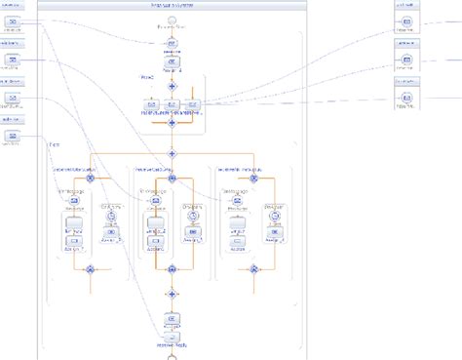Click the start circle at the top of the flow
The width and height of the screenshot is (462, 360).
click(172, 20)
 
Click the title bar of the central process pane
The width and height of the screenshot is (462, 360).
click(172, 6)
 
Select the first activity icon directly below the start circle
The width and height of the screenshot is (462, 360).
click(172, 44)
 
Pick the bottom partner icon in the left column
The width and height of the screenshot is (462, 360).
click(12, 138)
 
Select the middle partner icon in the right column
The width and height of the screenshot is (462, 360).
click(407, 60)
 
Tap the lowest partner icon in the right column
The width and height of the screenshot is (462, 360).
click(407, 98)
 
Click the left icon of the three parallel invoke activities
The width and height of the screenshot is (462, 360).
click(152, 105)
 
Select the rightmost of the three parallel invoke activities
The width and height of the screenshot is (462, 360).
click(192, 105)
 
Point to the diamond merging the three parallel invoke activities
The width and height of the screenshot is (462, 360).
click(172, 123)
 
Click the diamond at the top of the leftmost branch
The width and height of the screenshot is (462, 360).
click(90, 179)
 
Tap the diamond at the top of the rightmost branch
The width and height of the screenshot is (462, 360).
click(253, 179)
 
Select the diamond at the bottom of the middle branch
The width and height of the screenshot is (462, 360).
click(172, 268)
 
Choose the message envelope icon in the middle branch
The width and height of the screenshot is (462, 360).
click(154, 201)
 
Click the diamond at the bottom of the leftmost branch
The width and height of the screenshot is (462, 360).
click(90, 268)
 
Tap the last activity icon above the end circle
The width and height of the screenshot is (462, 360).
click(172, 319)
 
